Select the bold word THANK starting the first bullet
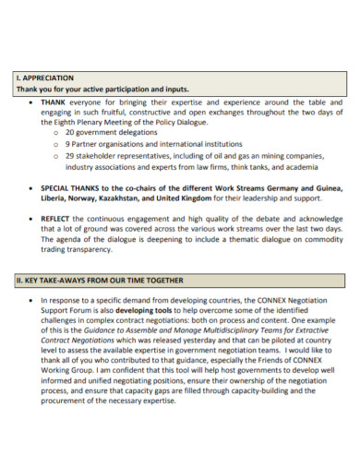pyautogui.click(x=54, y=102)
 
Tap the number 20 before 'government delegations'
pyautogui.click(x=70, y=132)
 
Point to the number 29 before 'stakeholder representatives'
pyautogui.click(x=70, y=156)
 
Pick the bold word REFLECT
pyautogui.click(x=57, y=218)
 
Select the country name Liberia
pyautogui.click(x=56, y=197)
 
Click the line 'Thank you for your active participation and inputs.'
pyautogui.click(x=102, y=89)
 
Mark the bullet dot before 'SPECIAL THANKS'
pyautogui.click(x=33, y=187)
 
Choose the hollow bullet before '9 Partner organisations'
pyautogui.click(x=57, y=145)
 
